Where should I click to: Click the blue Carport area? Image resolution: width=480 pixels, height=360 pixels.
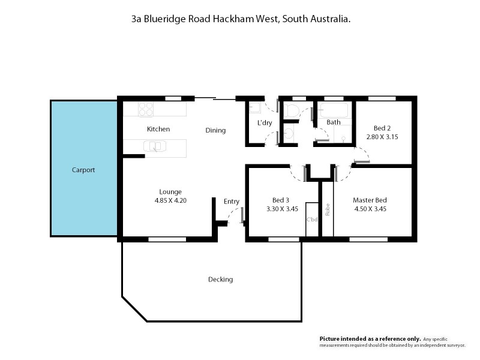[83, 170]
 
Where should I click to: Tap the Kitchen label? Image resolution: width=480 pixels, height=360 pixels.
[158, 129]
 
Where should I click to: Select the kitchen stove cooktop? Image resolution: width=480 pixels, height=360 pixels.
[145, 109]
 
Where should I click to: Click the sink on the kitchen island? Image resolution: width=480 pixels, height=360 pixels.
[154, 146]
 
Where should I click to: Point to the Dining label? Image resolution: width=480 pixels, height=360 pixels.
[215, 130]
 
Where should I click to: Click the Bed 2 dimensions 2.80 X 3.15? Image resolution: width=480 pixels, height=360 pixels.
[382, 137]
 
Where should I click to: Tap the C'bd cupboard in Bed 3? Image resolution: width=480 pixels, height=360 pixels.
[311, 220]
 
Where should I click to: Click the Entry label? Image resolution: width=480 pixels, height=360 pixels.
[232, 202]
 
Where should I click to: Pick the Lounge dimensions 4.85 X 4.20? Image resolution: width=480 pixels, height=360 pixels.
[170, 201]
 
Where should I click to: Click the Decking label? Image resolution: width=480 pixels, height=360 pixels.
[220, 280]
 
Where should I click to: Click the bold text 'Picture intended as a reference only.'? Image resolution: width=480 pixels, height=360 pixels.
[370, 339]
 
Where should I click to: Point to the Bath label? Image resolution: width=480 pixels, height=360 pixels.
[334, 122]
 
